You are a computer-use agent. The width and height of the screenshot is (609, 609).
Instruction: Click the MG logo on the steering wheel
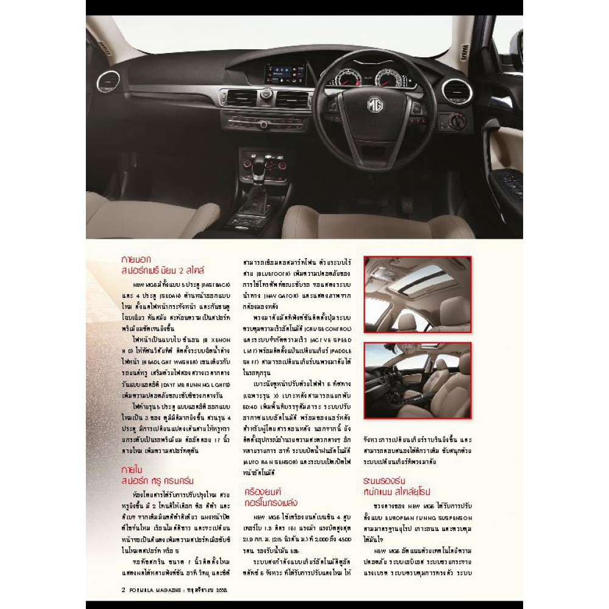point(375,105)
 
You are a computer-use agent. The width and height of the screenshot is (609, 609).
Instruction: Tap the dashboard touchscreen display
point(285,74)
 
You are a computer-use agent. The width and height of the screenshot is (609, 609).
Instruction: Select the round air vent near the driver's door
point(457,91)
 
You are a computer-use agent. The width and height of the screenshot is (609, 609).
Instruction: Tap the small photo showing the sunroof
point(417,294)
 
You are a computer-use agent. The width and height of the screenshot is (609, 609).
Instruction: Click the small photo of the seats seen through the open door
point(417,380)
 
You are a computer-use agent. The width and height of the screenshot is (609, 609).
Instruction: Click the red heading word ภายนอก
point(136,258)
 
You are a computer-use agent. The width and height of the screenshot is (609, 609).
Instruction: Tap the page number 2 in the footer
point(124,590)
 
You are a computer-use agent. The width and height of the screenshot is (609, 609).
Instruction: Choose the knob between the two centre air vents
point(267,93)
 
